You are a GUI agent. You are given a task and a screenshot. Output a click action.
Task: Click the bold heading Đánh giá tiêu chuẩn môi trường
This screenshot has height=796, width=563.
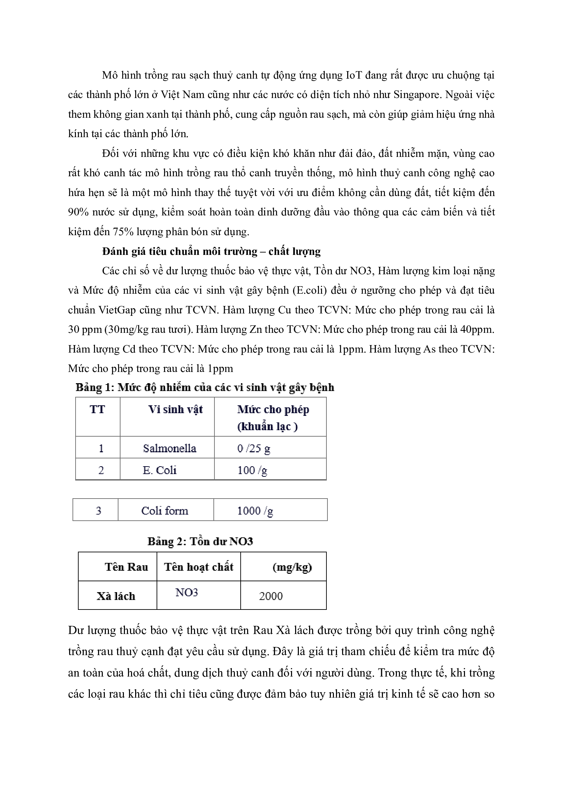tap(211, 251)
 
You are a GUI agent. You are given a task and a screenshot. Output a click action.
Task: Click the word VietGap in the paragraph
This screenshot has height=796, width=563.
tap(117, 310)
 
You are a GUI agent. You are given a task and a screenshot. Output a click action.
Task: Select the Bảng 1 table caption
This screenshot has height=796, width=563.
tap(205, 387)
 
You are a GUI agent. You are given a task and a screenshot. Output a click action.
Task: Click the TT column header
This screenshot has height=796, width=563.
tap(97, 409)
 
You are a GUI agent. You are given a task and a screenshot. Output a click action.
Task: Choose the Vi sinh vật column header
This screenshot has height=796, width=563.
tap(175, 409)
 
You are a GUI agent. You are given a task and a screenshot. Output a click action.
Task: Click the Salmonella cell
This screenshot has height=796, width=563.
tap(170, 448)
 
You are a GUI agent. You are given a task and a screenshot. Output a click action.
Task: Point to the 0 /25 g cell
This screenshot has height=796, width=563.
tap(254, 448)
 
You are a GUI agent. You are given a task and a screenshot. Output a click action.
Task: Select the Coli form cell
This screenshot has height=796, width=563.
tap(165, 511)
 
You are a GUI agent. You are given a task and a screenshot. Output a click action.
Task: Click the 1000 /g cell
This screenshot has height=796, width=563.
tap(255, 511)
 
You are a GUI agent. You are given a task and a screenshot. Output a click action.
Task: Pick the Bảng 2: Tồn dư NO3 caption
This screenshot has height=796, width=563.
tap(200, 541)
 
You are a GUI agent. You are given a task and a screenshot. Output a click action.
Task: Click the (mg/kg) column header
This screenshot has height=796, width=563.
tap(292, 567)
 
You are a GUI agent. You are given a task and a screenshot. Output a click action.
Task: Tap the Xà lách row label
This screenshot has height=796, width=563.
tap(116, 596)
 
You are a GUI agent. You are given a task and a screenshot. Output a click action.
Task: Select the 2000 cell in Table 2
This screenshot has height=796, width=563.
tap(271, 596)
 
